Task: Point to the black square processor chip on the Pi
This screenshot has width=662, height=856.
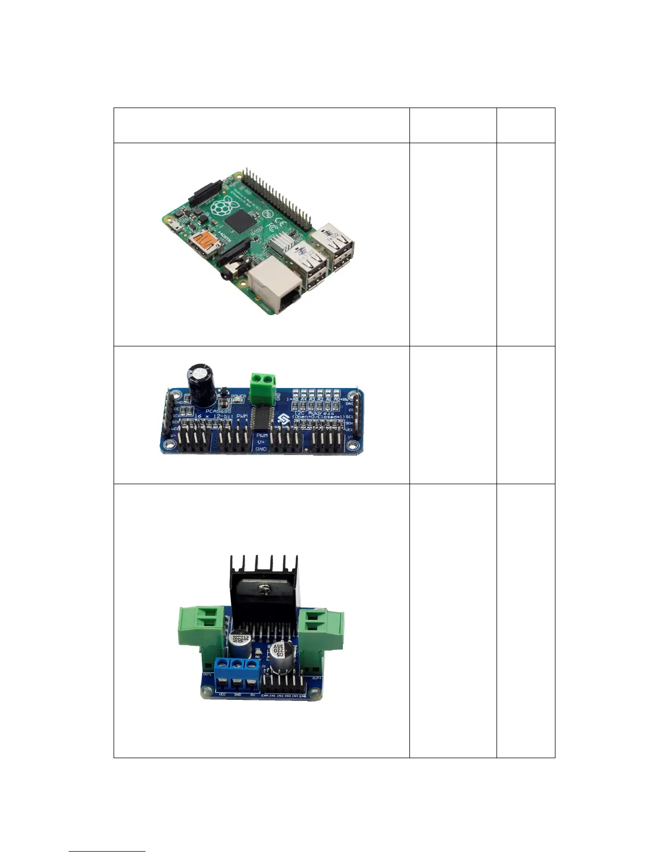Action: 241,221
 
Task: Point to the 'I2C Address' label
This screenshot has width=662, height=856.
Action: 313,413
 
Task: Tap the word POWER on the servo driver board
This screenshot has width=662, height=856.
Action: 238,396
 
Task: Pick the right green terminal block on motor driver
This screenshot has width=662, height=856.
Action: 322,630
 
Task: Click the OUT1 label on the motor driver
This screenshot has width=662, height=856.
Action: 207,674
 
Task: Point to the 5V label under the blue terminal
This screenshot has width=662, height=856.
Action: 253,695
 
